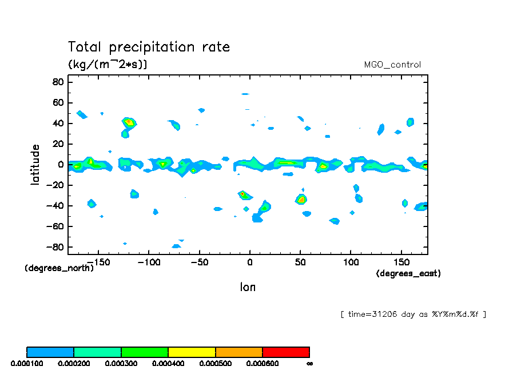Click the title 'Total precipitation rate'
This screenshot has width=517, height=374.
click(x=149, y=47)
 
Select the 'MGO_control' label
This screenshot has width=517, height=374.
click(x=392, y=65)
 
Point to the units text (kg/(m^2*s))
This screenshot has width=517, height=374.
click(x=108, y=64)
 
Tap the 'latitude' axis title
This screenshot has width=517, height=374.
click(x=35, y=164)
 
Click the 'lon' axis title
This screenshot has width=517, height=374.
click(x=248, y=287)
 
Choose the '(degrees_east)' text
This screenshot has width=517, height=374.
click(x=408, y=274)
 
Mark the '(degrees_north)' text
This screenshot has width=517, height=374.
click(x=59, y=268)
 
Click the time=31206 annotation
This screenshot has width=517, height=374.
click(x=413, y=314)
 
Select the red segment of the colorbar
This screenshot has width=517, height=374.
click(x=285, y=352)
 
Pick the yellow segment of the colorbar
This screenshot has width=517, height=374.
click(x=192, y=352)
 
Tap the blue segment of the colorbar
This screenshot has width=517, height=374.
click(x=50, y=352)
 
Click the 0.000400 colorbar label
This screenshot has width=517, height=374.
click(x=168, y=363)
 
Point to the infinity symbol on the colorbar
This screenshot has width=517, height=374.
click(x=309, y=363)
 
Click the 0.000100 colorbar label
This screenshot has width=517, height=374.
click(x=26, y=363)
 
